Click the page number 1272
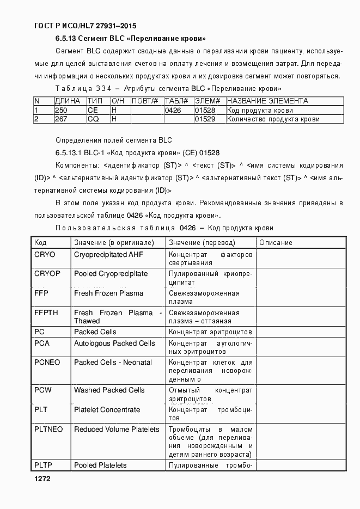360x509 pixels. point(42,479)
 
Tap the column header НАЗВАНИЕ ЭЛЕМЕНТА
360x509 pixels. point(267,101)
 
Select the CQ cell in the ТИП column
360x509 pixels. point(93,119)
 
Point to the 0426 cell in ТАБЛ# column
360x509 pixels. point(173,110)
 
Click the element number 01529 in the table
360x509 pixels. point(205,119)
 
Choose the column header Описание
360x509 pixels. point(276,242)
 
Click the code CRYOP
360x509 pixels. point(47,273)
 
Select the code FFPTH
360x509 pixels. point(46,312)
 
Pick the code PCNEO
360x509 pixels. point(47,362)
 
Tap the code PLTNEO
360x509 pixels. point(48,429)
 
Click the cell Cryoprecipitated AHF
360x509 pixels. point(108,254)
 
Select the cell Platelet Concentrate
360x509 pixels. point(107,409)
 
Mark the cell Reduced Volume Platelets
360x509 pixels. point(117,429)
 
